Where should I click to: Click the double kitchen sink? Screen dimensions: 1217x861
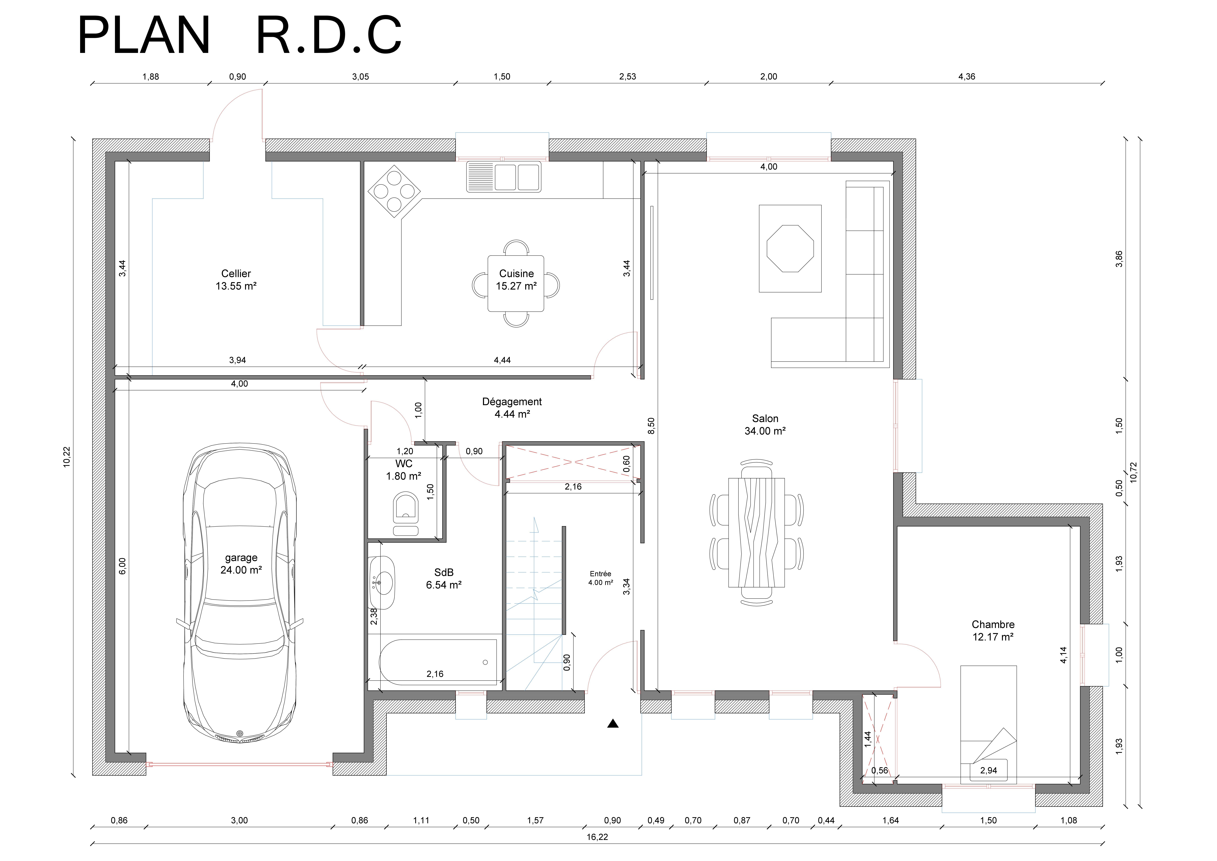click(504, 177)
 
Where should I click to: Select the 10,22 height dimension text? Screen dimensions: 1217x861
click(67, 457)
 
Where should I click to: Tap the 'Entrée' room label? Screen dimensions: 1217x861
click(601, 574)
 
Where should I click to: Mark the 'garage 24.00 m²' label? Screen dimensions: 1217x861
click(241, 564)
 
